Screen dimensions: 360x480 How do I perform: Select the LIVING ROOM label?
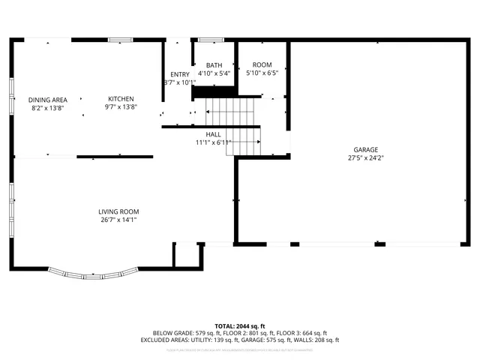coord(118,211)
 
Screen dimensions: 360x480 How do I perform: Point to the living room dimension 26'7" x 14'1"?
coord(118,220)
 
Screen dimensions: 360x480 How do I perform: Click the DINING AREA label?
coord(48,100)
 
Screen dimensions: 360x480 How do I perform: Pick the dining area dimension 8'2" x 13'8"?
coord(48,108)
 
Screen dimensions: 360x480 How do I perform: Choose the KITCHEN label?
coord(121,99)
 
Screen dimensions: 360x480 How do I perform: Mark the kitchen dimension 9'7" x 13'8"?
coord(121,108)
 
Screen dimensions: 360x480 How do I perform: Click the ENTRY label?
coord(180,74)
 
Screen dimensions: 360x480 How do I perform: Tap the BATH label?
coord(214,65)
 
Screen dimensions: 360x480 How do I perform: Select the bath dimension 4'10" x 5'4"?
coord(214,73)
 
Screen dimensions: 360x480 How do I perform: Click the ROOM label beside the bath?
coord(262,65)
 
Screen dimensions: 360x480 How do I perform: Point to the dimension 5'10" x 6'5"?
coord(262,73)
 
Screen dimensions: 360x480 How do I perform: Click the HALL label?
coord(214,133)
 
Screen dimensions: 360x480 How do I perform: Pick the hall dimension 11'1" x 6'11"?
coord(214,142)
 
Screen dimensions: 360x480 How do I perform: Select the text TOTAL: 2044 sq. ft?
coord(240,325)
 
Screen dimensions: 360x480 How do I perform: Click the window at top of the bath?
coord(211,40)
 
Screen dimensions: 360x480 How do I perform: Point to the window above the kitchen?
coord(121,40)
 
